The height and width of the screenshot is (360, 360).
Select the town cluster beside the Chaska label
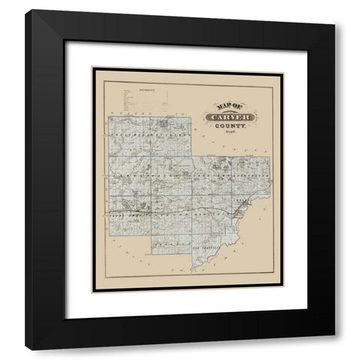(240, 211)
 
